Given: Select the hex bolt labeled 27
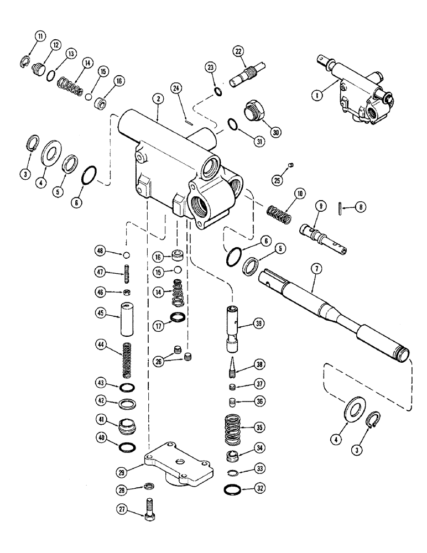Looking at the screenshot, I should pyautogui.click(x=148, y=508).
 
